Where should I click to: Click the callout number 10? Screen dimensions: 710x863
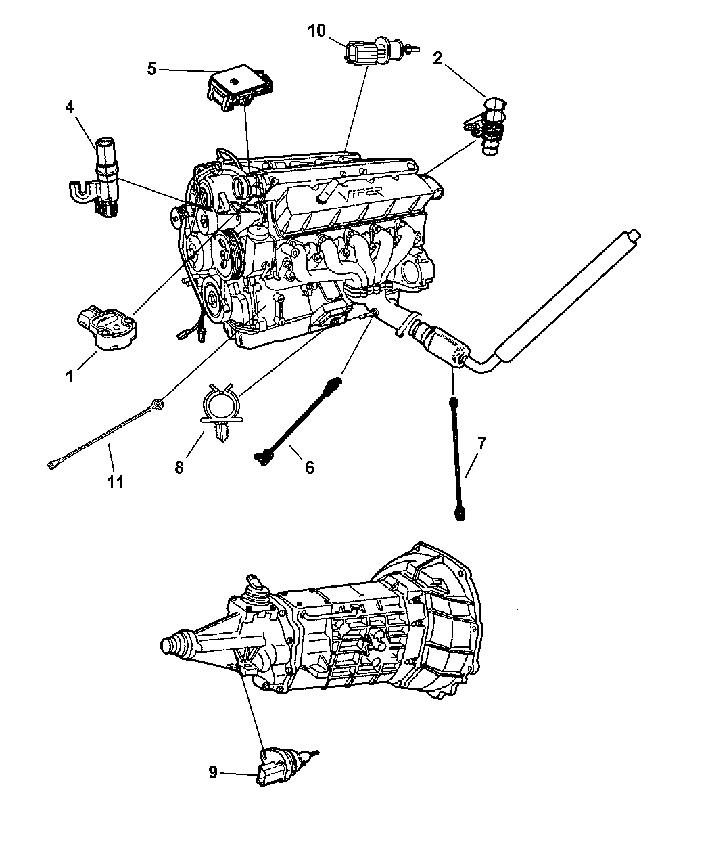pos(316,30)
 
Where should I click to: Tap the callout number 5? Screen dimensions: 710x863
pos(151,68)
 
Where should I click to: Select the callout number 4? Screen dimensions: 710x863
pos(70,107)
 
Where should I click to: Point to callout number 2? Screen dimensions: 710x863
pos(437,58)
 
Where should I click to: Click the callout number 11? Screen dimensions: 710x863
pos(116,482)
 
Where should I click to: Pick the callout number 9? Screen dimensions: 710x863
pos(213,772)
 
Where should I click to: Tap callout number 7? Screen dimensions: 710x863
pos(481,443)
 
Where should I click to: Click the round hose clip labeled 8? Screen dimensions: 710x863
pos(222,414)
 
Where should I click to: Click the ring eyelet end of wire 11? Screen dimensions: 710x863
pos(158,403)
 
